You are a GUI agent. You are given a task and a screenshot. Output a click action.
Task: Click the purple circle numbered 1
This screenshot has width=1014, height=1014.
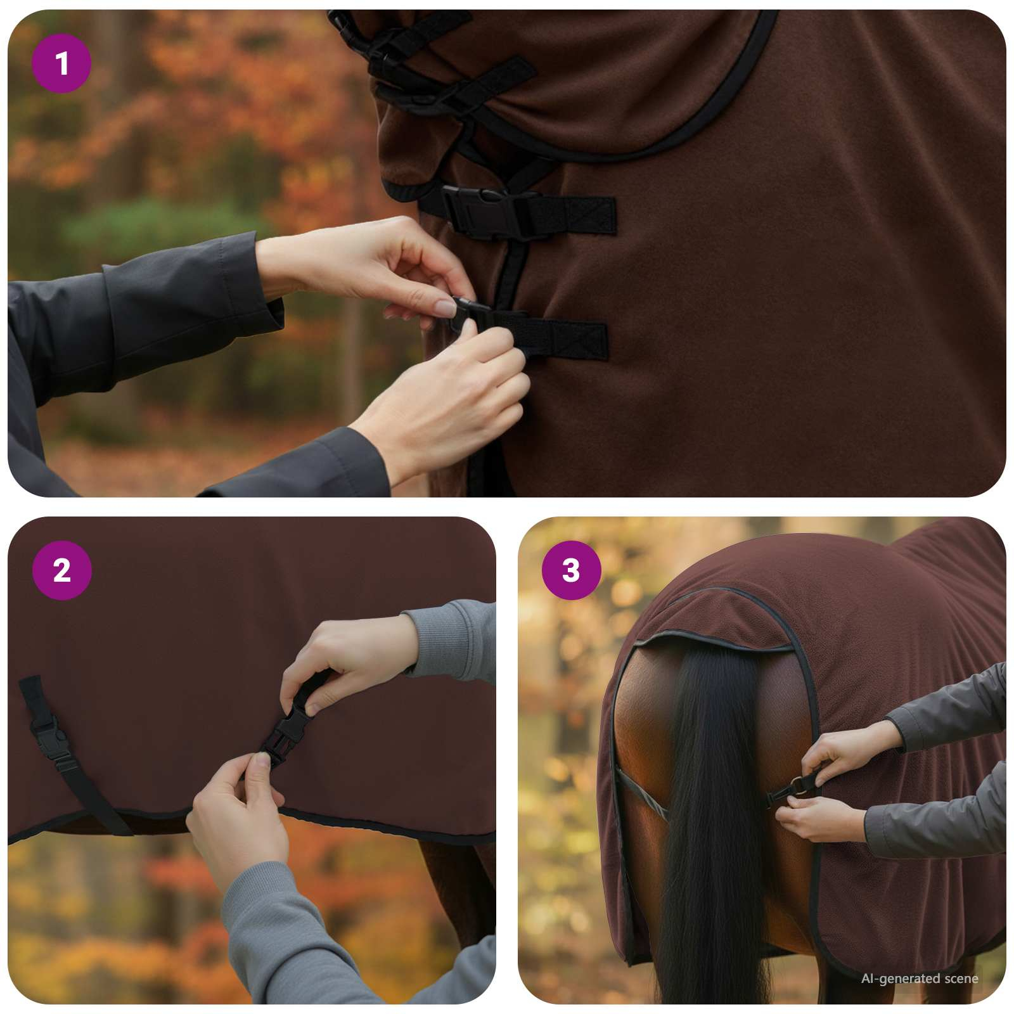61,63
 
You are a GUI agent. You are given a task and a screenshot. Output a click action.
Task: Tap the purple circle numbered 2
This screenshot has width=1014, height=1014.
61,570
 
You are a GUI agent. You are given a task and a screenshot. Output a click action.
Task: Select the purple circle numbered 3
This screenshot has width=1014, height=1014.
571,570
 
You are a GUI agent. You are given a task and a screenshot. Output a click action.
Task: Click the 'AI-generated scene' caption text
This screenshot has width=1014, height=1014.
919,979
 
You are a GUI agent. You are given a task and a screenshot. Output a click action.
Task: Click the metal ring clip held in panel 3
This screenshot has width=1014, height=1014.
800,788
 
